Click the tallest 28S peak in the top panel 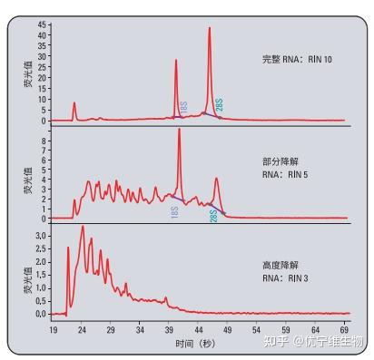coord(209,28)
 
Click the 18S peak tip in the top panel coord(176,61)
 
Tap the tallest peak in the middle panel coord(179,130)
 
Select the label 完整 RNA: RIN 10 coord(296,60)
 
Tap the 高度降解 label coord(278,265)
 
